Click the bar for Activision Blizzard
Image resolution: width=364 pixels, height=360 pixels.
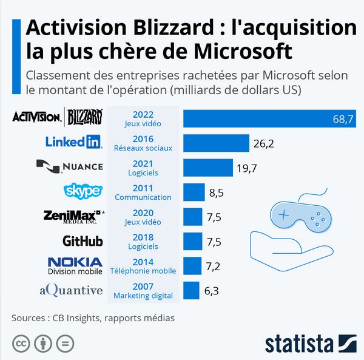270,118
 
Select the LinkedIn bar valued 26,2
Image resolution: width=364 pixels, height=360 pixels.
216,143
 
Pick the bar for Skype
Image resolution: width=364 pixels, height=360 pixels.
194,192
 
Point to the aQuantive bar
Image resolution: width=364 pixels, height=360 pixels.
191,290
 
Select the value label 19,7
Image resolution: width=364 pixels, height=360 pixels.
246,168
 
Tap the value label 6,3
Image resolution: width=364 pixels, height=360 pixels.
211,291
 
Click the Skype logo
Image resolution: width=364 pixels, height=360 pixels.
83,191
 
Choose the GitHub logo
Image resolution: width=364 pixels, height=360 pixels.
83,241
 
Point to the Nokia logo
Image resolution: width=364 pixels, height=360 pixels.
75,262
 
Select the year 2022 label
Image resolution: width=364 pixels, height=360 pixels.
143,114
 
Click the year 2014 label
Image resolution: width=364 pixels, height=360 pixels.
143,261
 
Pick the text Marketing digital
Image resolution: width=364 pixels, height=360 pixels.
143,296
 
